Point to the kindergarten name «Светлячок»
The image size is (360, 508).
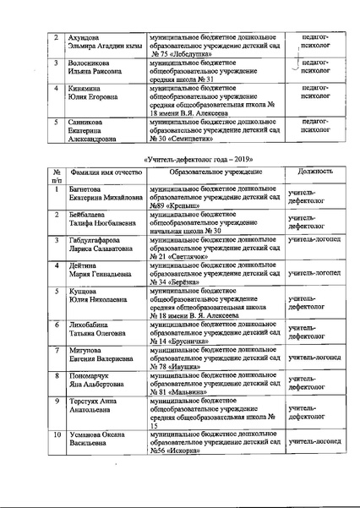tap(192, 256)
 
